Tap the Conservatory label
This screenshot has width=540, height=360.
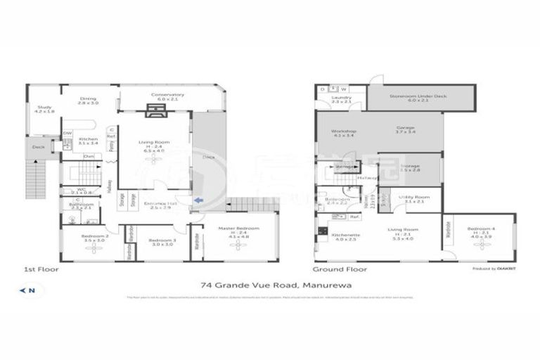[x=167, y=97]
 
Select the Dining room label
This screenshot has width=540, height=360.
[x=89, y=101]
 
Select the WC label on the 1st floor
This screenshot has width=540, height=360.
[x=82, y=191]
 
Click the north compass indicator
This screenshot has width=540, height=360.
[x=29, y=290]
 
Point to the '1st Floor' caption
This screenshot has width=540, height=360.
[x=41, y=269]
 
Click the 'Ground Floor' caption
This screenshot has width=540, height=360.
[x=339, y=269]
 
